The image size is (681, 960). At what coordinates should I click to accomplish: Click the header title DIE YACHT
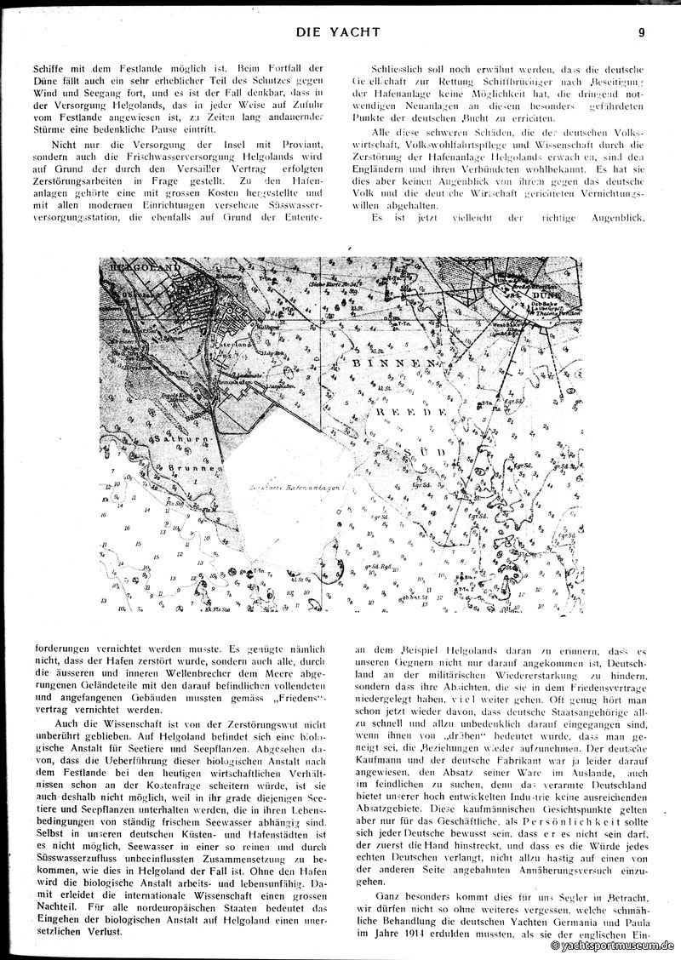pyautogui.click(x=339, y=33)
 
